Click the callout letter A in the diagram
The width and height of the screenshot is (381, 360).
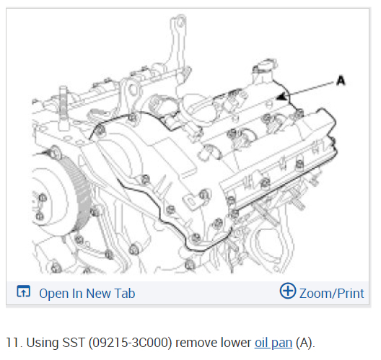[341, 80]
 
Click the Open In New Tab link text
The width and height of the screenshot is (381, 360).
[87, 293]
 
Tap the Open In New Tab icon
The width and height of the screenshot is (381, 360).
[23, 291]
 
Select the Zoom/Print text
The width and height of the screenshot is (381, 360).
[332, 293]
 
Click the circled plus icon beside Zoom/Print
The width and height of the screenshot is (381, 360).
[288, 291]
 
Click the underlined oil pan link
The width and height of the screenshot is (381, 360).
[273, 343]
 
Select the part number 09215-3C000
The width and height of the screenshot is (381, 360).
[130, 343]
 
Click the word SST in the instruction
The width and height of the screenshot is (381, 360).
[73, 343]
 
